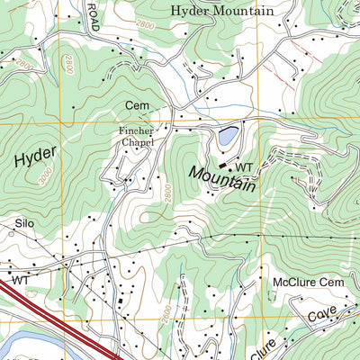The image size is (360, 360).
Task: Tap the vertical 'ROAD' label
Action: click(x=94, y=16)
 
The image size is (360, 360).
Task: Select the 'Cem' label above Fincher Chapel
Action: click(x=137, y=106)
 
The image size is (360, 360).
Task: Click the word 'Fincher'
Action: click(x=137, y=130)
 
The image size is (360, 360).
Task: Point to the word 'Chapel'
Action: click(x=137, y=142)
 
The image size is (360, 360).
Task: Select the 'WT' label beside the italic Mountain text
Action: click(x=244, y=167)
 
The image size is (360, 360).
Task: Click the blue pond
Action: click(x=228, y=137)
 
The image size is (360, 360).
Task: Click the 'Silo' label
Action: click(x=23, y=222)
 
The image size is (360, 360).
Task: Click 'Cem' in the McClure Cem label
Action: click(x=334, y=283)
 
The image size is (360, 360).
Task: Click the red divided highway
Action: click(x=54, y=315)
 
